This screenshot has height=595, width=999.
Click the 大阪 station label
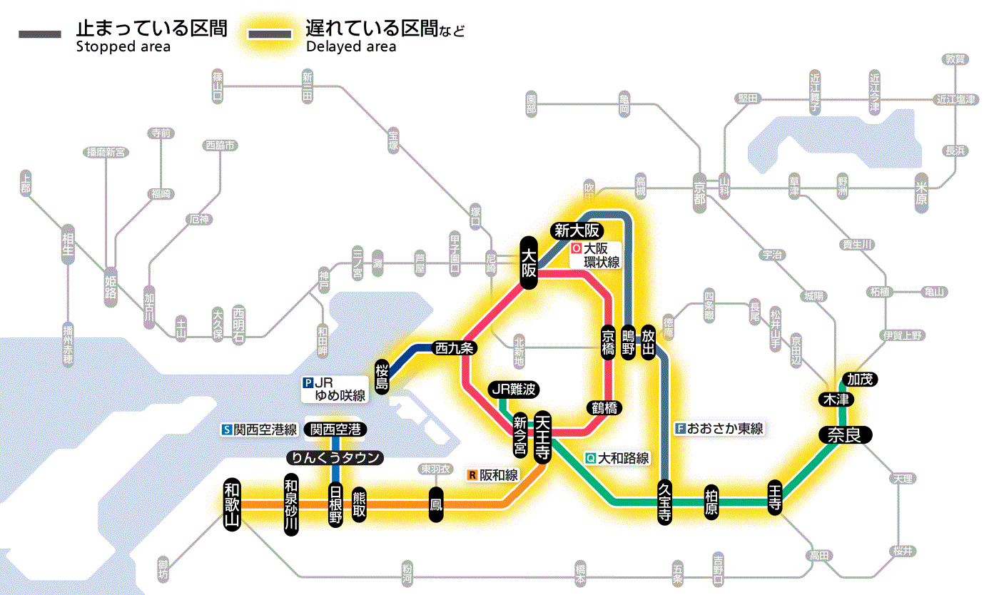coord(528,263)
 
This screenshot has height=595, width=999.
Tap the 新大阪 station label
coord(577,230)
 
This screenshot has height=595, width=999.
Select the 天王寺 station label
coord(542,436)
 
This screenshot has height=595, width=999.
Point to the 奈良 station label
coord(845,435)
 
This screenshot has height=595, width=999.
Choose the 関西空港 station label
coord(335,429)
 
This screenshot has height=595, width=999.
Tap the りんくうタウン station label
coord(334,457)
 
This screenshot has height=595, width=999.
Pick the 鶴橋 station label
coord(604,408)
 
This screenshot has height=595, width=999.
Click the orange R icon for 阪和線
coord(472,474)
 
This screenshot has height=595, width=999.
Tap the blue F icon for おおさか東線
coord(680,429)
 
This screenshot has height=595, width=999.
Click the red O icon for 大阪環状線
coord(575,249)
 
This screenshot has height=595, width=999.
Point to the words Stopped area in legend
coord(123,47)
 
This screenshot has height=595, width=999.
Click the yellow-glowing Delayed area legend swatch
coord(270,34)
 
